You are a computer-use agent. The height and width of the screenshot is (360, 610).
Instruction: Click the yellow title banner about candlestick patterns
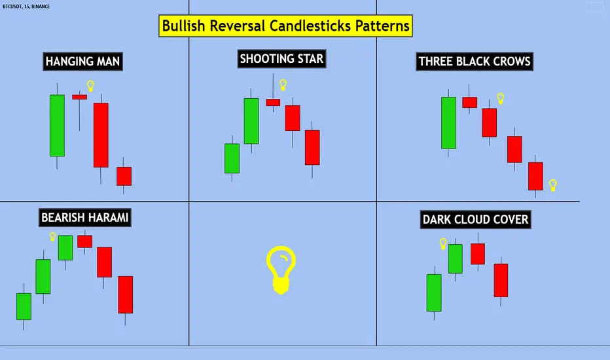(x=285, y=26)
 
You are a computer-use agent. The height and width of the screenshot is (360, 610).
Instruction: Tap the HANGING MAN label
(x=82, y=62)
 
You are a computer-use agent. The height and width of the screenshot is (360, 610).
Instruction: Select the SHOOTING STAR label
(x=281, y=60)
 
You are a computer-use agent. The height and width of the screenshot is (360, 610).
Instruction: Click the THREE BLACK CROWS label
(x=475, y=62)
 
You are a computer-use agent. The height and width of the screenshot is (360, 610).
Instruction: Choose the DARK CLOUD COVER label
(x=475, y=219)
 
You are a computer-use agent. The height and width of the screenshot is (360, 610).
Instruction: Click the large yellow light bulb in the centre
(x=281, y=269)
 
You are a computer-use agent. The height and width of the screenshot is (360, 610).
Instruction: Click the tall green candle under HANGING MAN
(x=58, y=126)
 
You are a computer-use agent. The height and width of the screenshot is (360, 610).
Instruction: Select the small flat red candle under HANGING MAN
(x=79, y=97)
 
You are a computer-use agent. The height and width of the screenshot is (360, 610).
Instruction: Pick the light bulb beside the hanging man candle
(x=90, y=86)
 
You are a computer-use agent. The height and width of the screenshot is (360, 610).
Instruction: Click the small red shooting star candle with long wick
(x=273, y=102)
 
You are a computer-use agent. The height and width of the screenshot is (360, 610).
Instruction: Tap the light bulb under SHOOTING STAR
(x=283, y=84)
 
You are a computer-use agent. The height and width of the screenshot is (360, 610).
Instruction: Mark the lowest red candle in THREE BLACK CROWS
(x=536, y=176)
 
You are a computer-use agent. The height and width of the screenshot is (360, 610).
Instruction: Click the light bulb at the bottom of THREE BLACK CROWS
(x=553, y=185)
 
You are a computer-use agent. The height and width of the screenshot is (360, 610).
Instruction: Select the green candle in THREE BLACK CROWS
(x=448, y=122)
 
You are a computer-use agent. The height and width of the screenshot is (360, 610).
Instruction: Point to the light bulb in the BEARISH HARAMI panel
(x=52, y=236)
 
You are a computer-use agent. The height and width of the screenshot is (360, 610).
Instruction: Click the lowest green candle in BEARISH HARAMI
(x=24, y=306)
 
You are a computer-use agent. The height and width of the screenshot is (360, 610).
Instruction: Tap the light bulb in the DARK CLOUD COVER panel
(x=442, y=244)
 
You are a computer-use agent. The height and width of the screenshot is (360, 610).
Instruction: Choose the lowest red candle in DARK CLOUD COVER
(x=501, y=280)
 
